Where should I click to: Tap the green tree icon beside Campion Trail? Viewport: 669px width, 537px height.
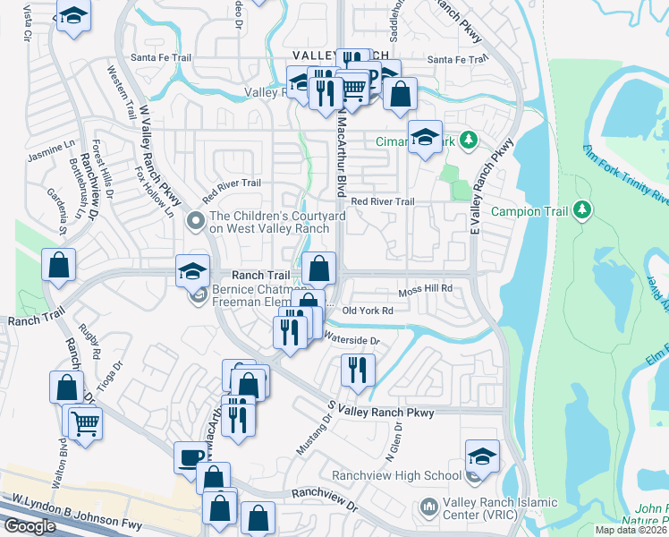583,210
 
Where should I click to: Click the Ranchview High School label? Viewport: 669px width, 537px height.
395,475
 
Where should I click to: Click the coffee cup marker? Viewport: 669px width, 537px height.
189,457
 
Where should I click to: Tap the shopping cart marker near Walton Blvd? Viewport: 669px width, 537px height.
85,422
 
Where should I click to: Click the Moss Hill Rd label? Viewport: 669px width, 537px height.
426,290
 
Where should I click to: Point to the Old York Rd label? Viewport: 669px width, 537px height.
368,311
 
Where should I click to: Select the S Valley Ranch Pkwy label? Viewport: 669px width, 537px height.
380,409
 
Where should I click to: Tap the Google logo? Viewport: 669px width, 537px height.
30,525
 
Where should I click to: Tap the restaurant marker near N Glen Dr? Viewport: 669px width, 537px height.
358,369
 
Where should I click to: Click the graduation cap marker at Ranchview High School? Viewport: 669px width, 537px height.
482,456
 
